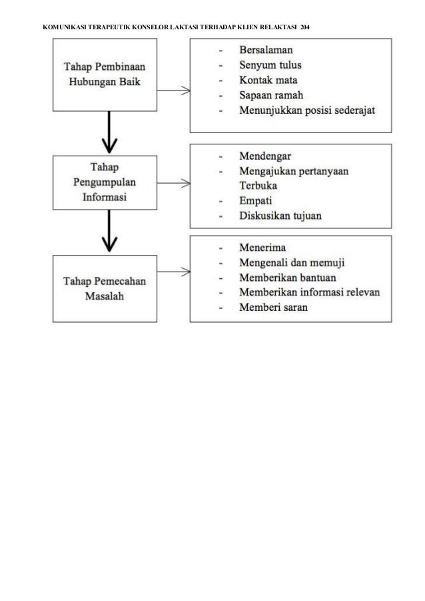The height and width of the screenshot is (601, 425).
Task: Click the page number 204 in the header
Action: click(305, 27)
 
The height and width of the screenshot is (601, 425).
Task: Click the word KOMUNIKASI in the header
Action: click(65, 27)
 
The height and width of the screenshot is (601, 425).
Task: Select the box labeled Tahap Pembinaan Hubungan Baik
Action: click(105, 75)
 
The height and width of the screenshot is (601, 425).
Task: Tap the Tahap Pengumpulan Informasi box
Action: click(105, 182)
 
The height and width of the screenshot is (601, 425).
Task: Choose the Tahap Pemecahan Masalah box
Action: click(105, 289)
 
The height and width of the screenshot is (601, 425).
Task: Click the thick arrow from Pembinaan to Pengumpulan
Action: click(109, 132)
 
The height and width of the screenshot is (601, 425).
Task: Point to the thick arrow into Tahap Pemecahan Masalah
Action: click(109, 231)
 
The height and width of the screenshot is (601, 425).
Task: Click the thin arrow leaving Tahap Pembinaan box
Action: click(174, 91)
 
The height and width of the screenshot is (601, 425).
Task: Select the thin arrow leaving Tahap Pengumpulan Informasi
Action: click(174, 183)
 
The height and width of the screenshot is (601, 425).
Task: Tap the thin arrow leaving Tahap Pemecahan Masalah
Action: click(174, 272)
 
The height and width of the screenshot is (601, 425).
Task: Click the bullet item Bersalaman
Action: click(266, 50)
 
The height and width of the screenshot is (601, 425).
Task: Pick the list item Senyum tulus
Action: click(270, 65)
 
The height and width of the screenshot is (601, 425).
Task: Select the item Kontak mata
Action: click(268, 80)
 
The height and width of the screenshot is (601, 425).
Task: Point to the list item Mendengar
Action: click(265, 156)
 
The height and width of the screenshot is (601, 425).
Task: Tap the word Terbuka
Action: click(258, 186)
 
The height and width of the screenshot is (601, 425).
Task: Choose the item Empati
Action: click(255, 201)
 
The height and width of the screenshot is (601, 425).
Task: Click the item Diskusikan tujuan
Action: click(280, 216)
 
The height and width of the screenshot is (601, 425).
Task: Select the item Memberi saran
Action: click(274, 307)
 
